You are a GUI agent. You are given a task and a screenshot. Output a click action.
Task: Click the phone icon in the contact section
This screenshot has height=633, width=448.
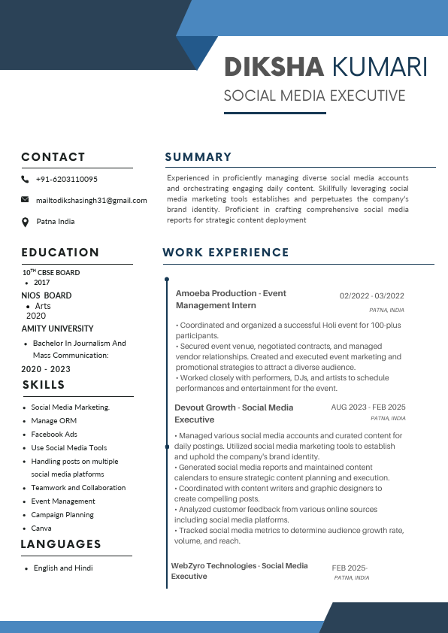[25, 180]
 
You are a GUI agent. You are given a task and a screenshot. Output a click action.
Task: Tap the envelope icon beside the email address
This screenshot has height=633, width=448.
[25, 200]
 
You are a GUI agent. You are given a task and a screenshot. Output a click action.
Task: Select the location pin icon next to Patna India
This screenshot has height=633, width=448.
[25, 222]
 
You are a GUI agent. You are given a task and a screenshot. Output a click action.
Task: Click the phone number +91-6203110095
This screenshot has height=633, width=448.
[66, 180]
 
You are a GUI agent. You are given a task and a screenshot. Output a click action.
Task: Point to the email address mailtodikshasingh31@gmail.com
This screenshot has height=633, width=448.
[91, 201]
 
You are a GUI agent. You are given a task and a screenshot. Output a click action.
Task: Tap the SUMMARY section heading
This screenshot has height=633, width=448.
[198, 157]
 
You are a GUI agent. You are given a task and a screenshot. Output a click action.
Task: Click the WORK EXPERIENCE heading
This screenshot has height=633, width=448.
[226, 253]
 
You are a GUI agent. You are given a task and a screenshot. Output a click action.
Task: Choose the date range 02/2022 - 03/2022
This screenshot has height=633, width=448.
[371, 296]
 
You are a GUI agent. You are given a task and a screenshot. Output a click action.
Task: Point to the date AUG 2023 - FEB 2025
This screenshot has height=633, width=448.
[368, 407]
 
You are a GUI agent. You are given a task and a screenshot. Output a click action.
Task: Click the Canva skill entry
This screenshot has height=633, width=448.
[41, 529]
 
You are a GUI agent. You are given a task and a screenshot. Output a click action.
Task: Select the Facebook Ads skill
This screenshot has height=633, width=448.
[54, 435]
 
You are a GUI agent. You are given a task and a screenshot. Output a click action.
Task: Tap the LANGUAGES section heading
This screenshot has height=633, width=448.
[61, 544]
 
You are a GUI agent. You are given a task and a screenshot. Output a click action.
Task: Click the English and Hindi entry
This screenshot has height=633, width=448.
[63, 568]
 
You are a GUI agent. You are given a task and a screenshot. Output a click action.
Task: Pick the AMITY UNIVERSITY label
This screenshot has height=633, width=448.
[57, 329]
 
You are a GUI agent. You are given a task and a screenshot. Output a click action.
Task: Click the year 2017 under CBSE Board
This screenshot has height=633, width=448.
[41, 283]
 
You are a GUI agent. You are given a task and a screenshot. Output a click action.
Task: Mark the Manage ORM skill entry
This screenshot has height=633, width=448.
[53, 421]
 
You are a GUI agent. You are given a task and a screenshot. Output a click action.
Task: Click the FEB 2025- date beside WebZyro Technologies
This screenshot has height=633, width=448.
[349, 568]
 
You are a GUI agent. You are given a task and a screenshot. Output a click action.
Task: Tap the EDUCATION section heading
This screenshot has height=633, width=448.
[60, 253]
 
